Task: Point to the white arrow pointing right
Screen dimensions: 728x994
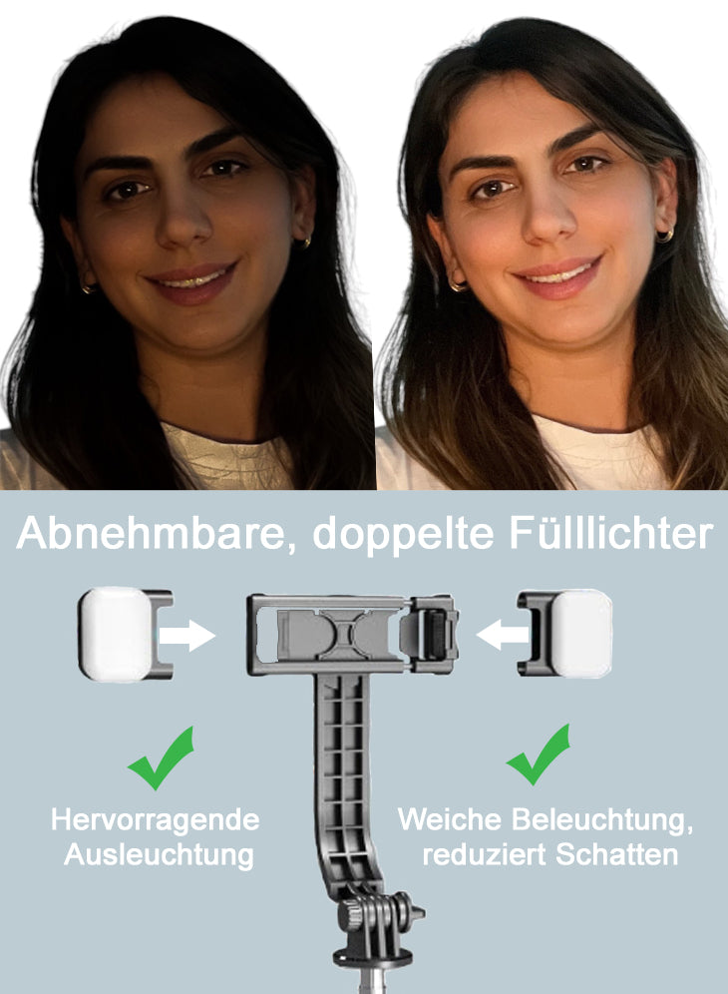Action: point(186,635)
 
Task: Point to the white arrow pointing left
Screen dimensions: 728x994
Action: point(503,635)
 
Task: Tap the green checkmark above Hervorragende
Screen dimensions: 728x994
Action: point(162,758)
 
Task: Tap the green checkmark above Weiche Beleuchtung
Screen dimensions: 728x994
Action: point(540,755)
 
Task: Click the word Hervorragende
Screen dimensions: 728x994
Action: point(156,819)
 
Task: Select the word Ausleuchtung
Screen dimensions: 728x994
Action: point(159,854)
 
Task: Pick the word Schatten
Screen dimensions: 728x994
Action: point(616,854)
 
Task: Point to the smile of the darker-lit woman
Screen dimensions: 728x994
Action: point(192,279)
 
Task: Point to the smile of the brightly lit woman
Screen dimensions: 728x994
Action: point(557,274)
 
